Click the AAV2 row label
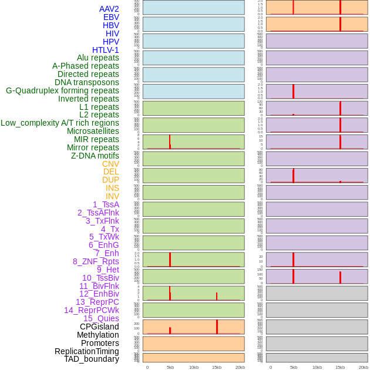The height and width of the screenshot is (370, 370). click(x=109, y=9)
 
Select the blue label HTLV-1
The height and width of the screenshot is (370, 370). click(x=106, y=50)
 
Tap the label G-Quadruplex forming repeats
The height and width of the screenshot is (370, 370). click(x=62, y=90)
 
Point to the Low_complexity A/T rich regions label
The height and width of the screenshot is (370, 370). click(x=60, y=123)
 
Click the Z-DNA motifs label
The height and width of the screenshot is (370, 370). click(x=95, y=156)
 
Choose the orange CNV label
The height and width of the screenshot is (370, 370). click(x=110, y=164)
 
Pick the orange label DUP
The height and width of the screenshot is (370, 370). click(x=110, y=180)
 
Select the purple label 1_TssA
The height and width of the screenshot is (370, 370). click(x=106, y=204)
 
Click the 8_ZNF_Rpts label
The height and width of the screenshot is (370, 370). click(x=96, y=261)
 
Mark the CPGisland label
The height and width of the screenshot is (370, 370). click(x=99, y=327)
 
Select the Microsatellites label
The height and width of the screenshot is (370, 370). click(x=93, y=131)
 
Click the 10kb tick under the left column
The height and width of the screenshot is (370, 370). click(x=194, y=367)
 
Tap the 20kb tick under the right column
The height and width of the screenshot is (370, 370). click(x=364, y=367)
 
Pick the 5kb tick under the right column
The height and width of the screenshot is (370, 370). click(x=293, y=367)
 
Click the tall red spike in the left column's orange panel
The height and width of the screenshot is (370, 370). click(x=217, y=327)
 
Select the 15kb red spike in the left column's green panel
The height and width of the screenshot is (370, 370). click(x=217, y=296)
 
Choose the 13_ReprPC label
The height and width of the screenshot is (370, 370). click(x=97, y=302)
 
